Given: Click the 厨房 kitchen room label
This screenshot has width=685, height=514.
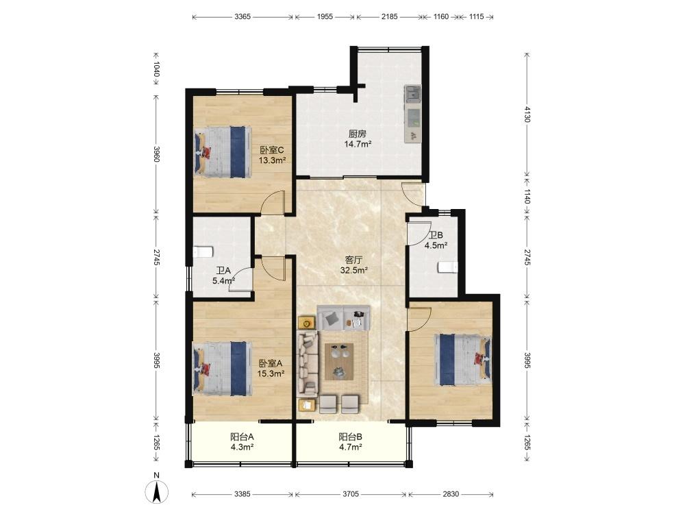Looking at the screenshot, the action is pos(358,134).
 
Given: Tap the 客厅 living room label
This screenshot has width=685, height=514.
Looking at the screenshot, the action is pos(353,260).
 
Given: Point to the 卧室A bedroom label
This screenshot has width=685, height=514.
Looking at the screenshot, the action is pos(271,363).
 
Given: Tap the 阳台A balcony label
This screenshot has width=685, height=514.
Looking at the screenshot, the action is pos(242,436).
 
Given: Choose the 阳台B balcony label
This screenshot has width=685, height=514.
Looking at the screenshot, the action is pos(350,436).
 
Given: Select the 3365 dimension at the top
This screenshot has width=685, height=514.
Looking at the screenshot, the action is pos(242,16).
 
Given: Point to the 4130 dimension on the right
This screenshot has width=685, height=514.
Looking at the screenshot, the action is pos(527,114).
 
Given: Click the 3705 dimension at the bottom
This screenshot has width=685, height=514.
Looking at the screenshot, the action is pos(350,494).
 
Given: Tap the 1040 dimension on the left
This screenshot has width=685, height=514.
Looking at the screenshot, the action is pos(156,69).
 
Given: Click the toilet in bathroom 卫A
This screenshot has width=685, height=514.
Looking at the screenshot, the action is pos(203,252).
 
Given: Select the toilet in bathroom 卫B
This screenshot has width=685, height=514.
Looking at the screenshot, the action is pos(448,267).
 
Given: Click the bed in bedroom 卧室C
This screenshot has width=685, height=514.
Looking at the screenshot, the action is pos(223,151).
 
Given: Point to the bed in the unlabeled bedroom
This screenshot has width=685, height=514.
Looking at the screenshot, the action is pos(463,359).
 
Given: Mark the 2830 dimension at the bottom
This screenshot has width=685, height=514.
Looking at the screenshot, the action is pos(451,494).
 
